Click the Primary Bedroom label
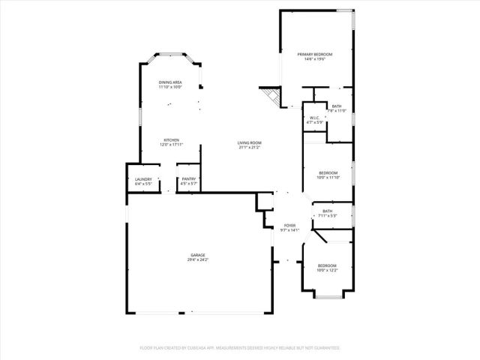click(314, 55)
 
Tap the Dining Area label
click(170, 82)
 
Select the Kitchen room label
click(172, 140)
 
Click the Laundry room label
click(143, 179)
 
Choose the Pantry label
click(189, 179)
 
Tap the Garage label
click(197, 256)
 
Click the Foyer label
click(289, 226)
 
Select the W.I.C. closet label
click(314, 118)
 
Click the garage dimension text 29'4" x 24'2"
click(198, 260)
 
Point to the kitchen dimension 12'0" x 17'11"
click(172, 145)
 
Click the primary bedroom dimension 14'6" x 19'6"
click(314, 59)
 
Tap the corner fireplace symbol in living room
click(269, 95)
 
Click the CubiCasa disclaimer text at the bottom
click(240, 348)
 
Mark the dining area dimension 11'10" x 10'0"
click(170, 87)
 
